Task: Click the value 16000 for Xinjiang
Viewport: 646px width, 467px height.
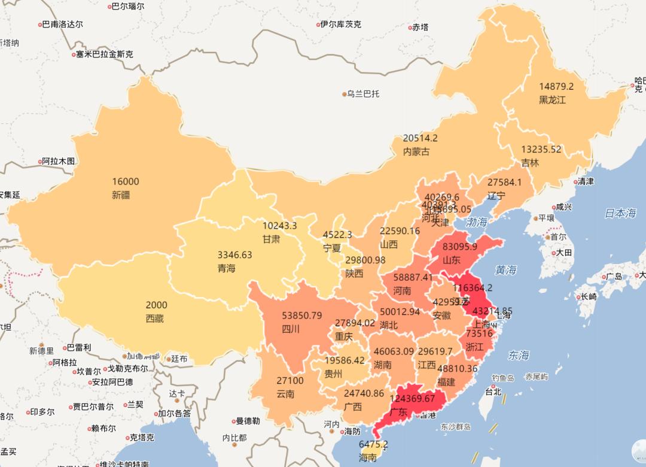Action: tap(125, 182)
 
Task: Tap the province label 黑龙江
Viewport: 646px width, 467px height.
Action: tap(552, 100)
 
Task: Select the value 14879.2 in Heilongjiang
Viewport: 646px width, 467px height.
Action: tap(556, 86)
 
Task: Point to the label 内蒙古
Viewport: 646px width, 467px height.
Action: tap(416, 151)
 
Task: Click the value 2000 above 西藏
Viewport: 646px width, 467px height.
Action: tap(156, 305)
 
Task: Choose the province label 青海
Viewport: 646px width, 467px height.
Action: tap(226, 268)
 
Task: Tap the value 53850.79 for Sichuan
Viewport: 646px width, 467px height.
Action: tap(302, 316)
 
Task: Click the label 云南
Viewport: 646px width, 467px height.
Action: tap(285, 394)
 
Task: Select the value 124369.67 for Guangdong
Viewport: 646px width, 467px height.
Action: tap(412, 398)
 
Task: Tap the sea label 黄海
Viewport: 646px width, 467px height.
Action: tap(505, 270)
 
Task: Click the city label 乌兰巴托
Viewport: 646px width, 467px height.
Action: tap(363, 94)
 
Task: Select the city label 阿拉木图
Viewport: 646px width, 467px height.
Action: tap(59, 161)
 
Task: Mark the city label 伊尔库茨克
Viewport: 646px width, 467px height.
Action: tap(340, 25)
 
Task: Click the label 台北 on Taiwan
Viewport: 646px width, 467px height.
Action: tap(493, 393)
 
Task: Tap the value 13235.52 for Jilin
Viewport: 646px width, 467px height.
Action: tap(541, 149)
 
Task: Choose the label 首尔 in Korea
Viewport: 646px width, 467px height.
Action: tap(558, 236)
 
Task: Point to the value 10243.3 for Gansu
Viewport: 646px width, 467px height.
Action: tap(280, 226)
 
